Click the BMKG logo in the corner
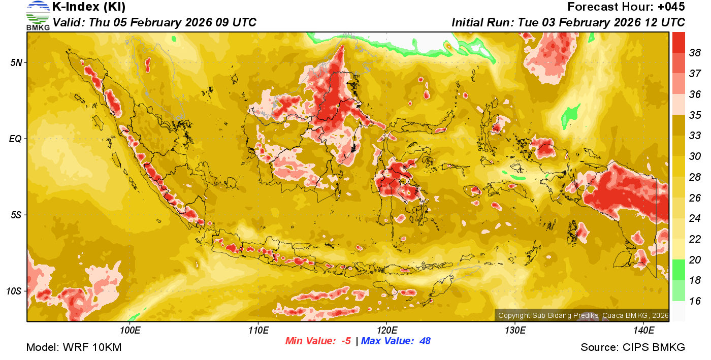coord(38,15)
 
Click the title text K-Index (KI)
coord(89,7)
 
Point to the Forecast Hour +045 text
coord(626,7)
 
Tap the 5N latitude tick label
coord(16,62)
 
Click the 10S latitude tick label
coord(14,291)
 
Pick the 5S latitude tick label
coord(16,215)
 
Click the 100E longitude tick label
coord(130,331)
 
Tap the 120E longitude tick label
coord(386,331)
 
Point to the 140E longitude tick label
coord(643,331)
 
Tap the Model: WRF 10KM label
coord(74,348)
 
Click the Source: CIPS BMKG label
coord(633,348)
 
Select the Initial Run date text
coord(568,23)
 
